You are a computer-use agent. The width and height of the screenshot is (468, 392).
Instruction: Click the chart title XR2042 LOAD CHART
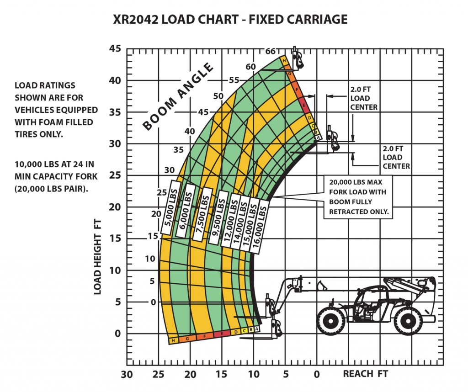pos(230,20)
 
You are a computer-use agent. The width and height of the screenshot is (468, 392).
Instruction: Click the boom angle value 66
pos(270,51)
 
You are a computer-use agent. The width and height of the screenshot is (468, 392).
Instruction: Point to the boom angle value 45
pos(203,112)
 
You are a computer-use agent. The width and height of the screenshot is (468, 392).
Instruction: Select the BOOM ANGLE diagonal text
pos(178,97)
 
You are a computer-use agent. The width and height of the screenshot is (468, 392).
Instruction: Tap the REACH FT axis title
pos(365,374)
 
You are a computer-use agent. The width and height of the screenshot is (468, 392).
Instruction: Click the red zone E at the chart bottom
pos(222,334)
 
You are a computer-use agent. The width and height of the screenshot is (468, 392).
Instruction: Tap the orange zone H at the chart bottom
pos(173,340)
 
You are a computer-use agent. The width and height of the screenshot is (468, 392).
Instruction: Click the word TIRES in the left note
pos(28,135)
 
